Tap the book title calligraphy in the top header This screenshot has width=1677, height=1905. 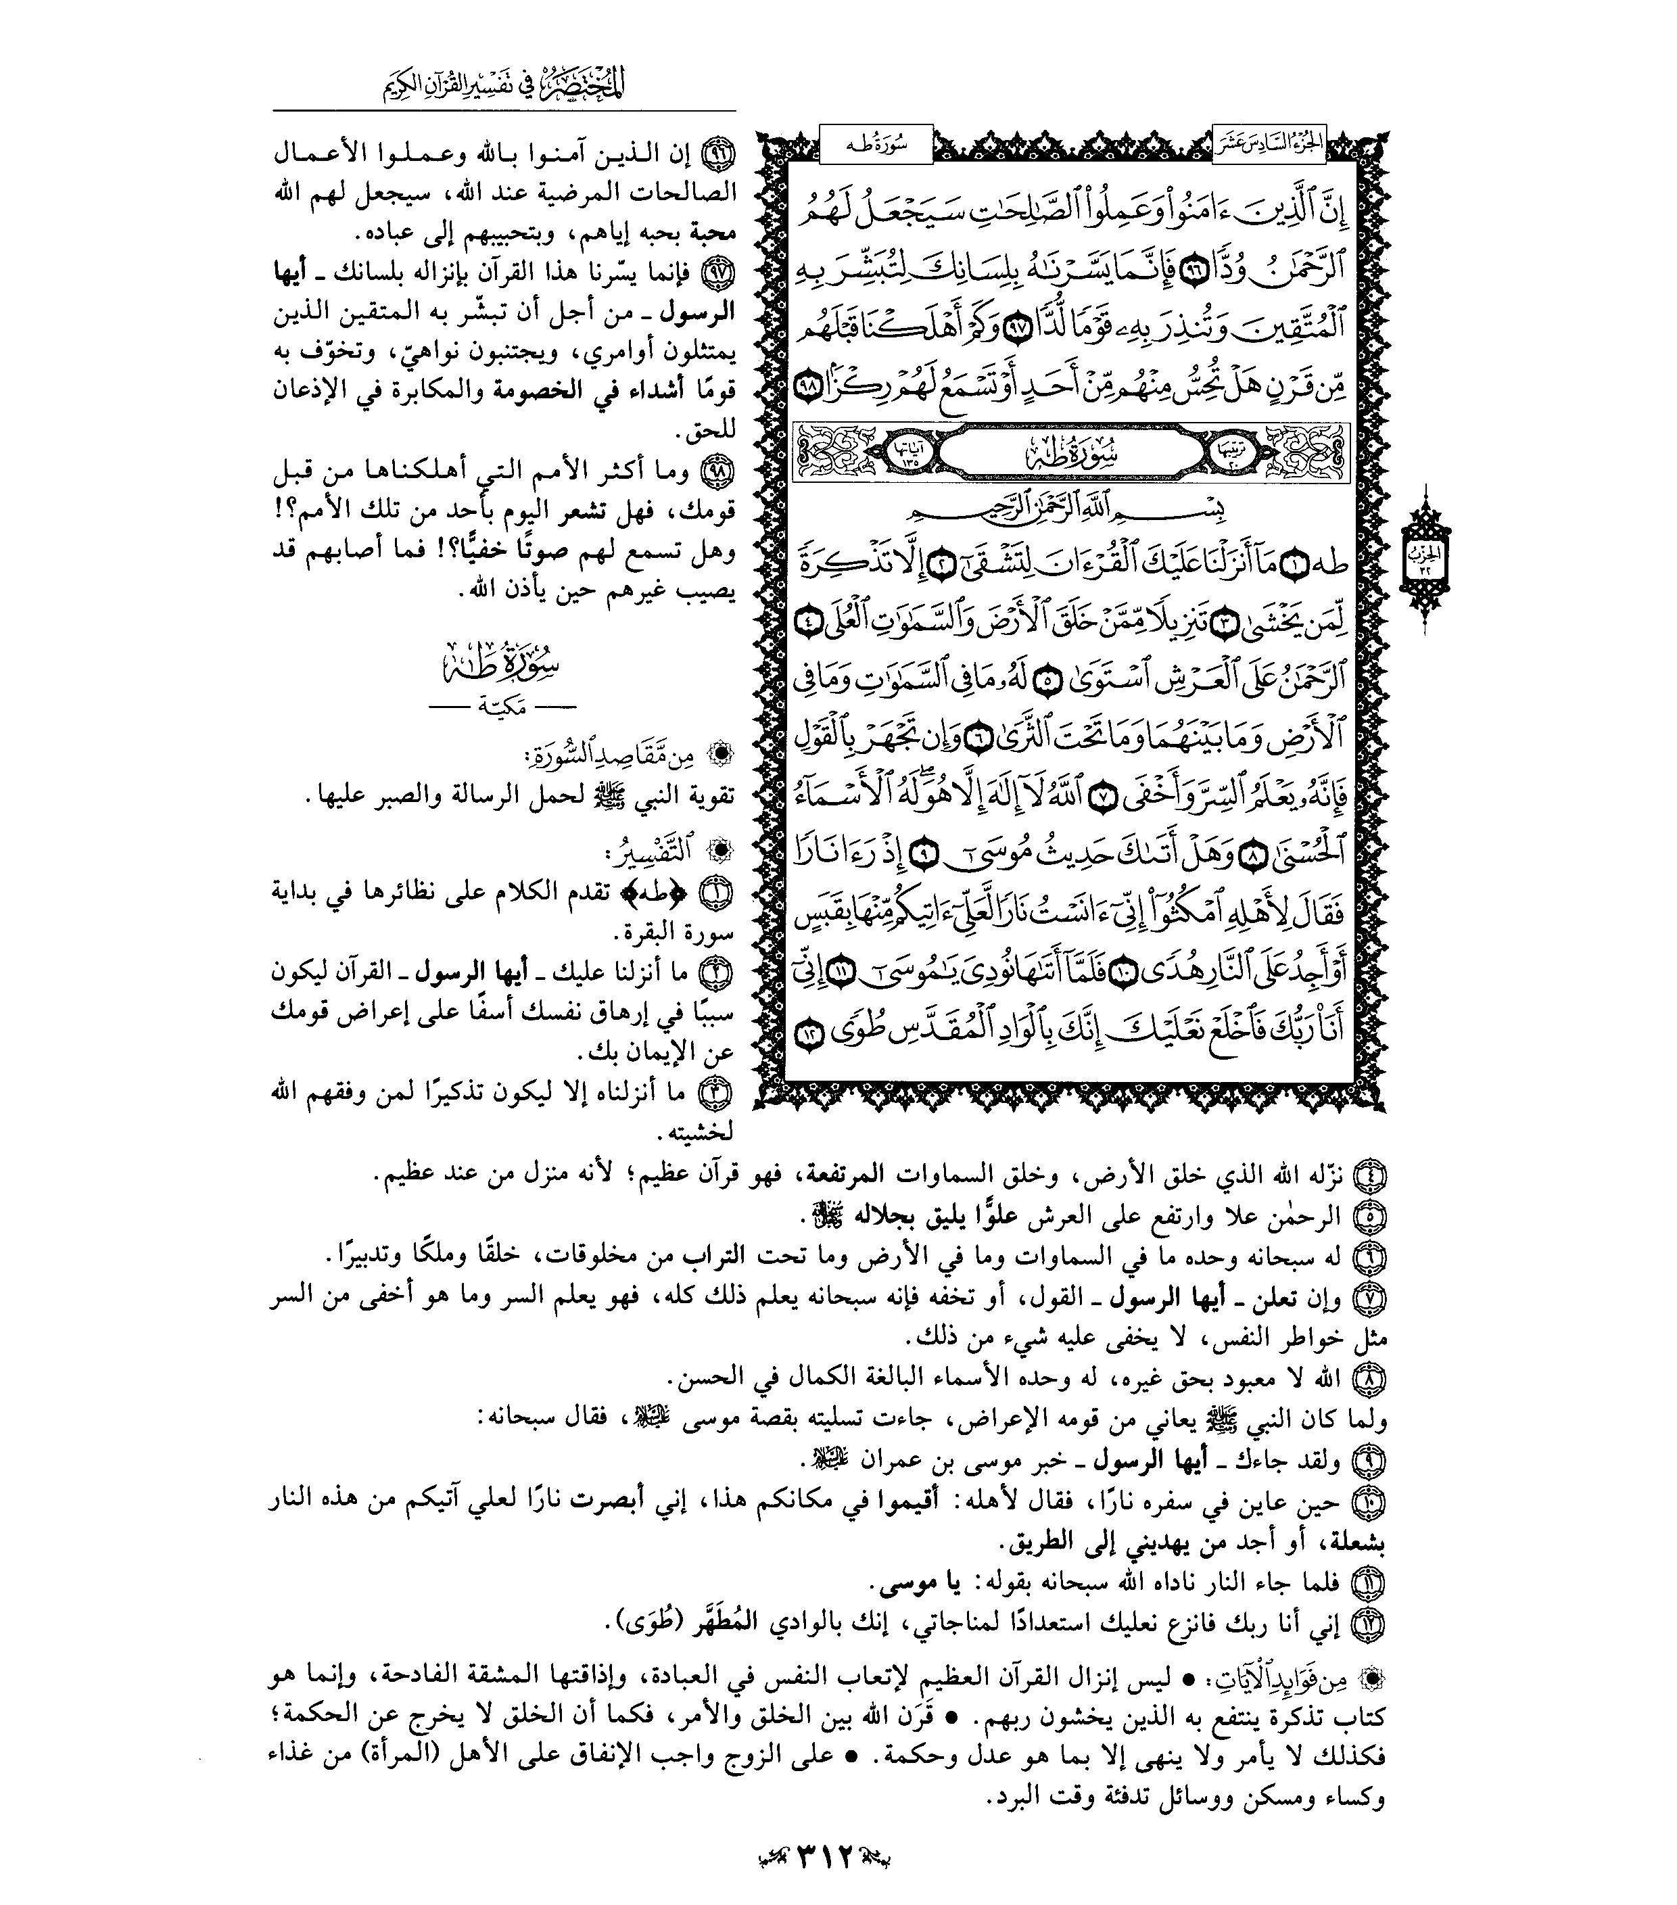(x=503, y=85)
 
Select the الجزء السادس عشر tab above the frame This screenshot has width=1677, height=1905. (x=1269, y=145)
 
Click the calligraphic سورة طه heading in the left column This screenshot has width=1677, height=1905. (x=502, y=666)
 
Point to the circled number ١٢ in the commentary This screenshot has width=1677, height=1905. (x=1369, y=1624)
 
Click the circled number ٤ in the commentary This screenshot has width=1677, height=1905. (x=1369, y=1176)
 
